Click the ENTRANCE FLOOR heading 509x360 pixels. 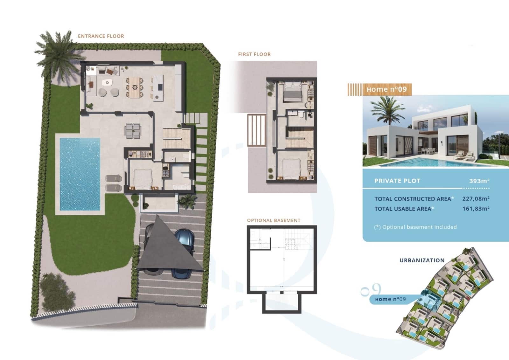tap(101, 36)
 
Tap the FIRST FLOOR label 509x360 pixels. tap(254, 54)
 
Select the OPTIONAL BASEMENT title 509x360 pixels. tap(274, 220)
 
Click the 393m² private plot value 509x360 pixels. tap(479, 181)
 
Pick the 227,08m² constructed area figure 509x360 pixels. tap(476, 199)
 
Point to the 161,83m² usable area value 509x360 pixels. tap(476, 209)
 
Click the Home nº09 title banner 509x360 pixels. tap(386, 89)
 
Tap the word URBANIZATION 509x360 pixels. tap(422, 260)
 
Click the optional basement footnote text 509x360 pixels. tap(415, 227)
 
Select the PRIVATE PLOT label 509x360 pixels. tap(397, 181)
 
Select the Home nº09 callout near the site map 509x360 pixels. tap(390, 299)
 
